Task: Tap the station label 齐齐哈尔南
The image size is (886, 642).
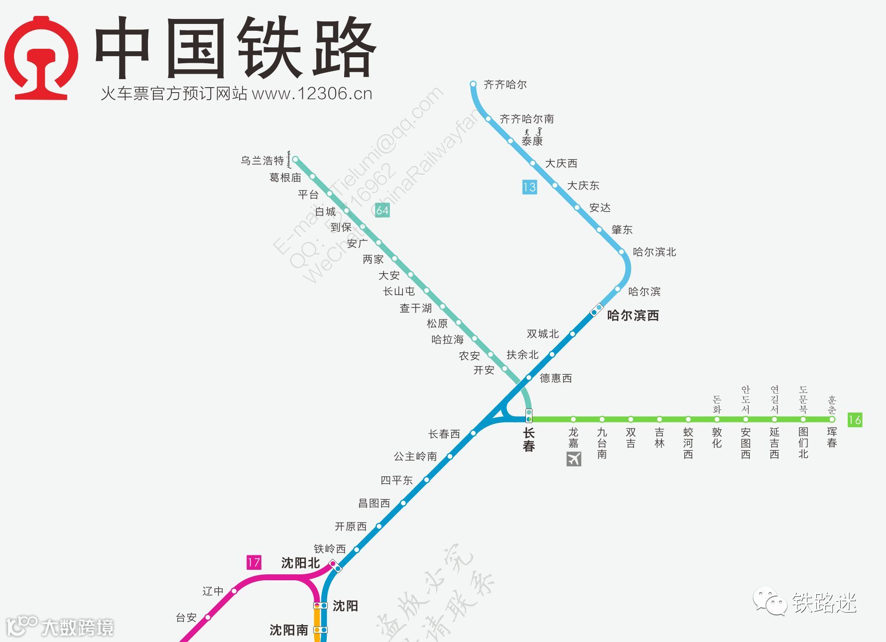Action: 526,119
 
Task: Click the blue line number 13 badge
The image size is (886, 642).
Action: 529,187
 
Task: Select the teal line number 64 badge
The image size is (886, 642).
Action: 382,210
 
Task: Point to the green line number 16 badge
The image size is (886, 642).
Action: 855,420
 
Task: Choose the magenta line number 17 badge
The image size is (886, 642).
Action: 254,562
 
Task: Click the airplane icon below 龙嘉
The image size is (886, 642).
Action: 574,459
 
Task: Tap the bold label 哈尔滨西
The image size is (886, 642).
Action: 633,316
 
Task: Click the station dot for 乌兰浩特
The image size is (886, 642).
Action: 295,160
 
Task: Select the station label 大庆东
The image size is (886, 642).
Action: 583,186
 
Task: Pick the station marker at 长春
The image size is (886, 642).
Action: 529,416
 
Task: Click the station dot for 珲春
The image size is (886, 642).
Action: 832,420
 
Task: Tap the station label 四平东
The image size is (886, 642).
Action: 396,480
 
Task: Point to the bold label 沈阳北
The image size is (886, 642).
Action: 300,563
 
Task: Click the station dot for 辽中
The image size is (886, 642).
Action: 234,591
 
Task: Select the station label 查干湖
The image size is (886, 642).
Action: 415,309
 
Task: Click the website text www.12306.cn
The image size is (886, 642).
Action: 312,94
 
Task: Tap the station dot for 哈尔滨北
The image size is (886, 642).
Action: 622,252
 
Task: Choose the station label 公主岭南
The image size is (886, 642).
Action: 415,456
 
